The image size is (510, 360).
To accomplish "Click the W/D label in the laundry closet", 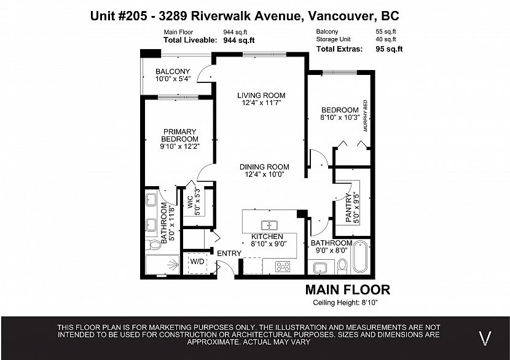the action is pos(197,262).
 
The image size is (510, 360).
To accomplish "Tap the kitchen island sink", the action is pos(269,225).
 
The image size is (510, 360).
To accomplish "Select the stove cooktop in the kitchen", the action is pos(283,267).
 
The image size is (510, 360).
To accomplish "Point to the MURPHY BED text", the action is pos(365,115).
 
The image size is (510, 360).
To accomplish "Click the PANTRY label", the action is pos(348,208).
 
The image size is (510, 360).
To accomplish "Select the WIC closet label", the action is pos(190,202).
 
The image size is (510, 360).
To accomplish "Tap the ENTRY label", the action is pos(229,253).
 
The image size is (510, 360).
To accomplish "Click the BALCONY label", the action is pos(173,71).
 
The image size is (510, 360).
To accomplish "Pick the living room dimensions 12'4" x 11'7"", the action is pos(261,103).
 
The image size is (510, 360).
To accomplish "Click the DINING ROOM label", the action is pos(264,167).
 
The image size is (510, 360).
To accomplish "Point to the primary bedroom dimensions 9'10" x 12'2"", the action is pos(179,146).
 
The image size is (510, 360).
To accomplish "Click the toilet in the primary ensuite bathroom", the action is pos(153,245).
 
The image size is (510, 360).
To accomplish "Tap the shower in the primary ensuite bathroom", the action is pos(162,265).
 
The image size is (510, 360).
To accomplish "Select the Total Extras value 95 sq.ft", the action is pos(389,49).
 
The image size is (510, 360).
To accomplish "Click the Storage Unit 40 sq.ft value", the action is pos(386,39).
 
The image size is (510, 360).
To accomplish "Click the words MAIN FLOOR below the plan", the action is pos(348,289).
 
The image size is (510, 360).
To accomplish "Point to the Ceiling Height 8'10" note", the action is pos(345,302).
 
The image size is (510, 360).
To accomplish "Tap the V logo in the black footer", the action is pos(485,338).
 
